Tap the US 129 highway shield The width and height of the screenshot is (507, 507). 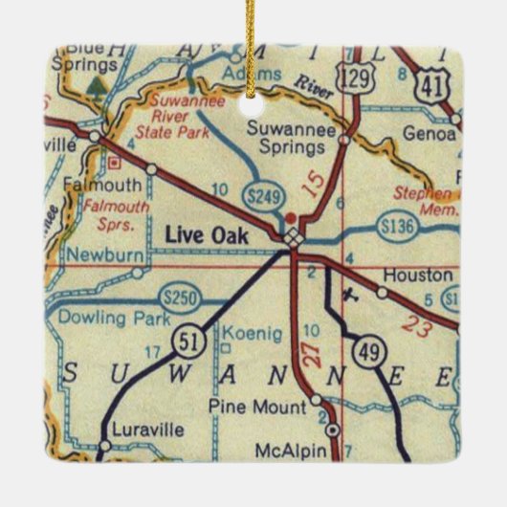coord(356,81)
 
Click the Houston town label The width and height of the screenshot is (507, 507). coord(416,274)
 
